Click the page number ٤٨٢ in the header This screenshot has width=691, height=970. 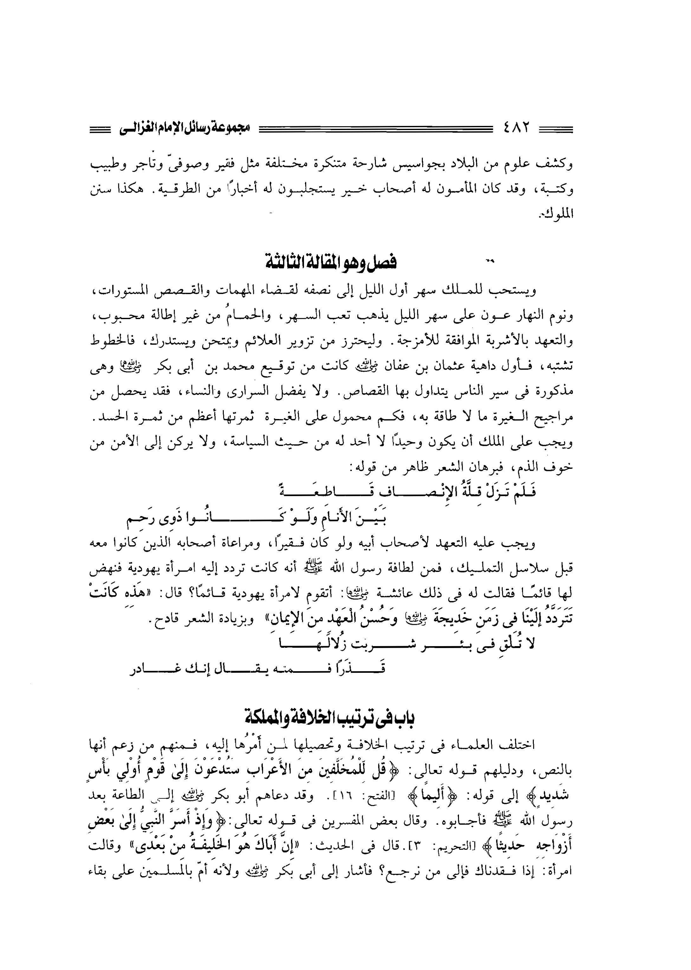[x=516, y=127]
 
